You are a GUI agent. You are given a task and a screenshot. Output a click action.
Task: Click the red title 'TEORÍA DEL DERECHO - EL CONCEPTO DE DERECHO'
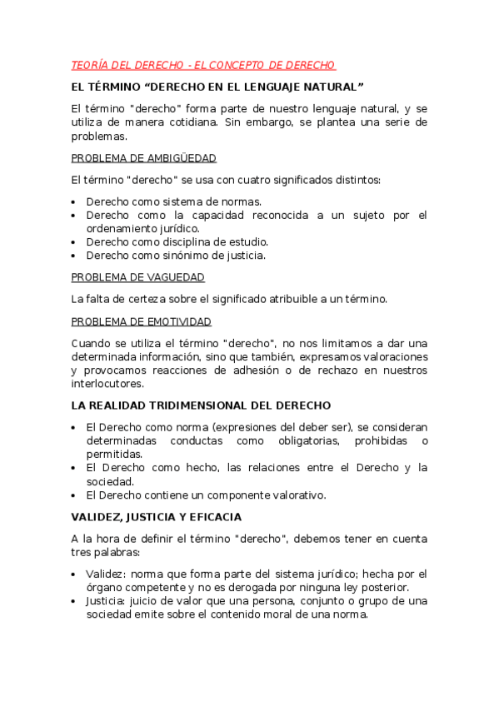[203, 65]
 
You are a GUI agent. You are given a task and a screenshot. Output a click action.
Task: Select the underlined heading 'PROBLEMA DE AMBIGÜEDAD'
[144, 158]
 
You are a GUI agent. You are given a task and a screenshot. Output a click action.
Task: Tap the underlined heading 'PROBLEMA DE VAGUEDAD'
[138, 277]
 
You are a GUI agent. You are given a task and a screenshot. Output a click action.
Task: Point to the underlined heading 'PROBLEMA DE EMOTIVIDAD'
[142, 321]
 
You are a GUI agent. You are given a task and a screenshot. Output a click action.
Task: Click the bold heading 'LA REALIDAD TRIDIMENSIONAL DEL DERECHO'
[201, 405]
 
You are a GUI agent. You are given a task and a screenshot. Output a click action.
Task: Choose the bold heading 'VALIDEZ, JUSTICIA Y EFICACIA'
[157, 517]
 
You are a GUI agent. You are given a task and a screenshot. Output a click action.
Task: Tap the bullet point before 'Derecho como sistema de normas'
[75, 202]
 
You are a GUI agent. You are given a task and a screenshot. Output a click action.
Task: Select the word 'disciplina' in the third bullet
[174, 242]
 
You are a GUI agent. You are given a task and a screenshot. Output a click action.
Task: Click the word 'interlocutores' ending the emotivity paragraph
[107, 384]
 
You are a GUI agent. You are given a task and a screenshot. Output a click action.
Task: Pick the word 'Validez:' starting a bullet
[106, 574]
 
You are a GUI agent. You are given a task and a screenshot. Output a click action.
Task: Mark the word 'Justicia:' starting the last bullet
[108, 601]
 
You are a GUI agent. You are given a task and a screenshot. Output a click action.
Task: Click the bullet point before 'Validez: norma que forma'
[75, 574]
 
